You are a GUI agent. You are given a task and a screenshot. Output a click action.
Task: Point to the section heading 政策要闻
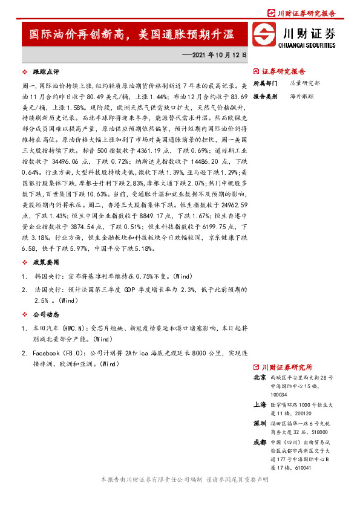click(x=46, y=263)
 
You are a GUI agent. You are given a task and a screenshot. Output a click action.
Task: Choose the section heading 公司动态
click(x=46, y=314)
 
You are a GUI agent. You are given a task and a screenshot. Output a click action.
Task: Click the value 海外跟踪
click(x=301, y=96)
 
